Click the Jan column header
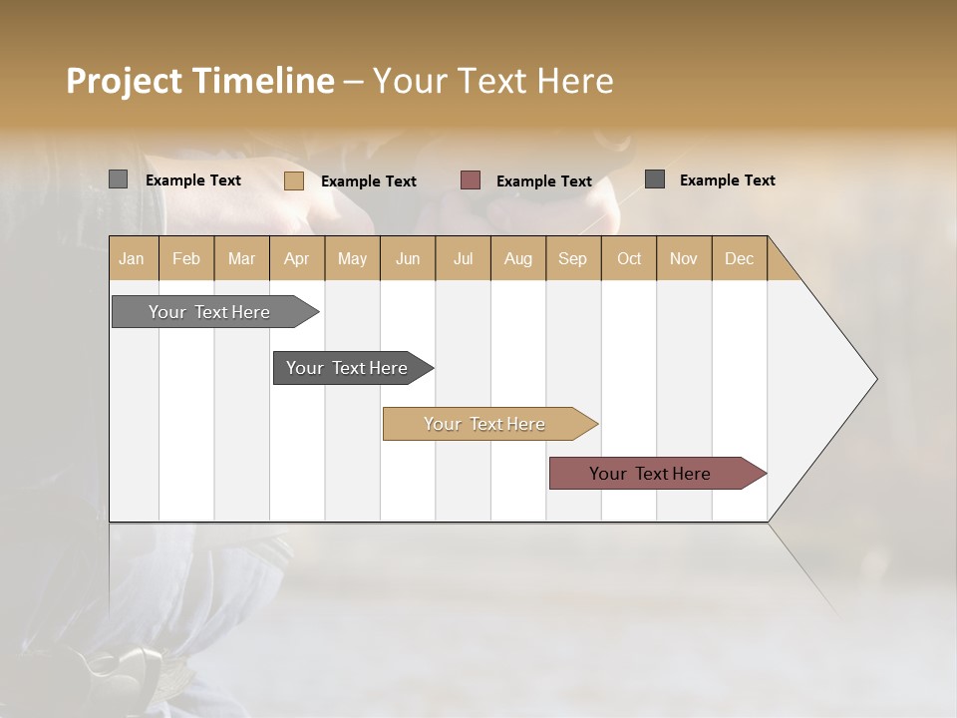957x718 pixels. click(x=132, y=258)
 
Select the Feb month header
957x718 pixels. click(x=186, y=258)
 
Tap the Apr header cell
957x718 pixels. click(x=296, y=258)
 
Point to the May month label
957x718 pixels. click(x=352, y=258)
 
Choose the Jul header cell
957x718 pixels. click(x=463, y=258)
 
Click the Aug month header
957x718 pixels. click(x=517, y=258)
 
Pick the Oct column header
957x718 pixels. click(x=629, y=258)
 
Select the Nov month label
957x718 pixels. click(x=684, y=258)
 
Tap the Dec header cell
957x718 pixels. click(x=739, y=258)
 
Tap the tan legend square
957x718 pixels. click(x=293, y=180)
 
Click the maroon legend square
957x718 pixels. click(x=471, y=180)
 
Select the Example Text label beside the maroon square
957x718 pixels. click(x=544, y=181)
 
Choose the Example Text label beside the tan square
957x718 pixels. click(x=369, y=181)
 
